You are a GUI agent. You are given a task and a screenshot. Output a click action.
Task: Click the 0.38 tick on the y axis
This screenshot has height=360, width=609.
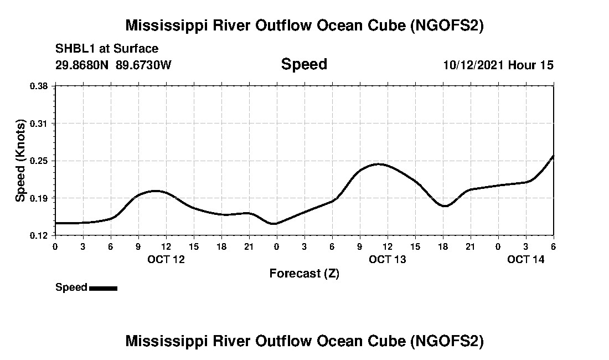click(x=39, y=86)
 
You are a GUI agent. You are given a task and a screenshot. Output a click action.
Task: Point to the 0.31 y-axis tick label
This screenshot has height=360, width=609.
click(x=39, y=123)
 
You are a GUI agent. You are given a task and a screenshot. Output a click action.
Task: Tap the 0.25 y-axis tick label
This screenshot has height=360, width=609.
click(x=39, y=161)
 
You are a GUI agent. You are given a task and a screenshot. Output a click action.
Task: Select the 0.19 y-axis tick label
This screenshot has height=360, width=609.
click(x=39, y=198)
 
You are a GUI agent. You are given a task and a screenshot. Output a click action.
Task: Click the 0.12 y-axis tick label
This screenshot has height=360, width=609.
click(x=39, y=235)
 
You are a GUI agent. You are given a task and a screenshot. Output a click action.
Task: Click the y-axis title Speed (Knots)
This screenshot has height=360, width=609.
click(x=20, y=161)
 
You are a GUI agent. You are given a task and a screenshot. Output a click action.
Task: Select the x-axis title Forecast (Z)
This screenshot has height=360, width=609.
click(x=304, y=273)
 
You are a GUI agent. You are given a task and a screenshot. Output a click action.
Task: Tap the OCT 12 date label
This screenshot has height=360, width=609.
click(x=166, y=259)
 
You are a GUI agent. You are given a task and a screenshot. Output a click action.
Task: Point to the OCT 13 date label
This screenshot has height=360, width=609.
click(x=388, y=259)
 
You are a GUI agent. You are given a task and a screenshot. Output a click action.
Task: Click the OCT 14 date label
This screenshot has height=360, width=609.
click(x=526, y=259)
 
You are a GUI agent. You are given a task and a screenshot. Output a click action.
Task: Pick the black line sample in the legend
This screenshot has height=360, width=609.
click(x=103, y=288)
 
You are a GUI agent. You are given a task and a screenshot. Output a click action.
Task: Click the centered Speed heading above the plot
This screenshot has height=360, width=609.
click(x=304, y=64)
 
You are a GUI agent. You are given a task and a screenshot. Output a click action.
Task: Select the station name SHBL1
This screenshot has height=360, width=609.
click(x=74, y=49)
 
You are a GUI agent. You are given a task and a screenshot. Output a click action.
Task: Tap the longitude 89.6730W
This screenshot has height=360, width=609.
click(x=144, y=65)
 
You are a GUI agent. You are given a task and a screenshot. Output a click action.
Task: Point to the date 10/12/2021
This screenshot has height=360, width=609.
click(x=472, y=65)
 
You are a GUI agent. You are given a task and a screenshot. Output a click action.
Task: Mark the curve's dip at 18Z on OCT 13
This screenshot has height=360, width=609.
click(x=444, y=206)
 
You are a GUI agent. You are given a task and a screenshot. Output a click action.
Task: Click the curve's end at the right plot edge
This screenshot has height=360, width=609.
click(x=553, y=156)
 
